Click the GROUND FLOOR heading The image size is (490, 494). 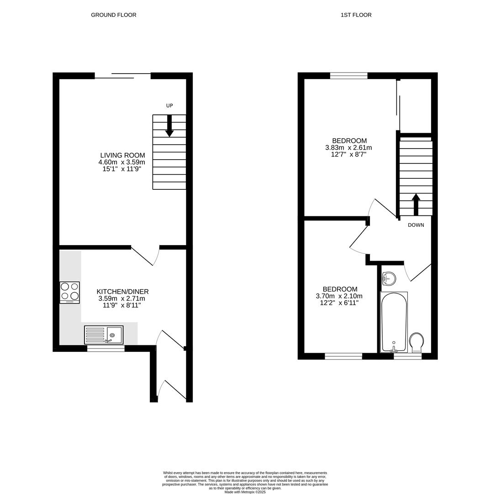(113, 15)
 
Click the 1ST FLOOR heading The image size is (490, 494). (356, 15)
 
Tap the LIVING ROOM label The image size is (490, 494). (122, 156)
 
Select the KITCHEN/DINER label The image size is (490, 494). (122, 292)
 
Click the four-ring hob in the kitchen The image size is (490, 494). (69, 292)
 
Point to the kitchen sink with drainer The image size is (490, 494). (104, 335)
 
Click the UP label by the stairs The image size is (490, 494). (169, 106)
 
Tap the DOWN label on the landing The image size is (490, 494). (416, 225)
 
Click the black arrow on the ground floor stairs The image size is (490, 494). (169, 126)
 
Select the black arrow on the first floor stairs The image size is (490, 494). (416, 204)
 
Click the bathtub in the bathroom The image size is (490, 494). (394, 322)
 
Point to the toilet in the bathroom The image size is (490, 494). (416, 342)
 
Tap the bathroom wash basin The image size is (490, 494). (389, 278)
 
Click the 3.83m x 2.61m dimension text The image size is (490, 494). (348, 148)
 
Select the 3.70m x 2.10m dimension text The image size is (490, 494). (339, 296)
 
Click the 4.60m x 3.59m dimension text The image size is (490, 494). (121, 162)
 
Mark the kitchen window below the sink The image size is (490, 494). (105, 349)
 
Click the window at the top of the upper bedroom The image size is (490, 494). (348, 75)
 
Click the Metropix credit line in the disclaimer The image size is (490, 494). (245, 492)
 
